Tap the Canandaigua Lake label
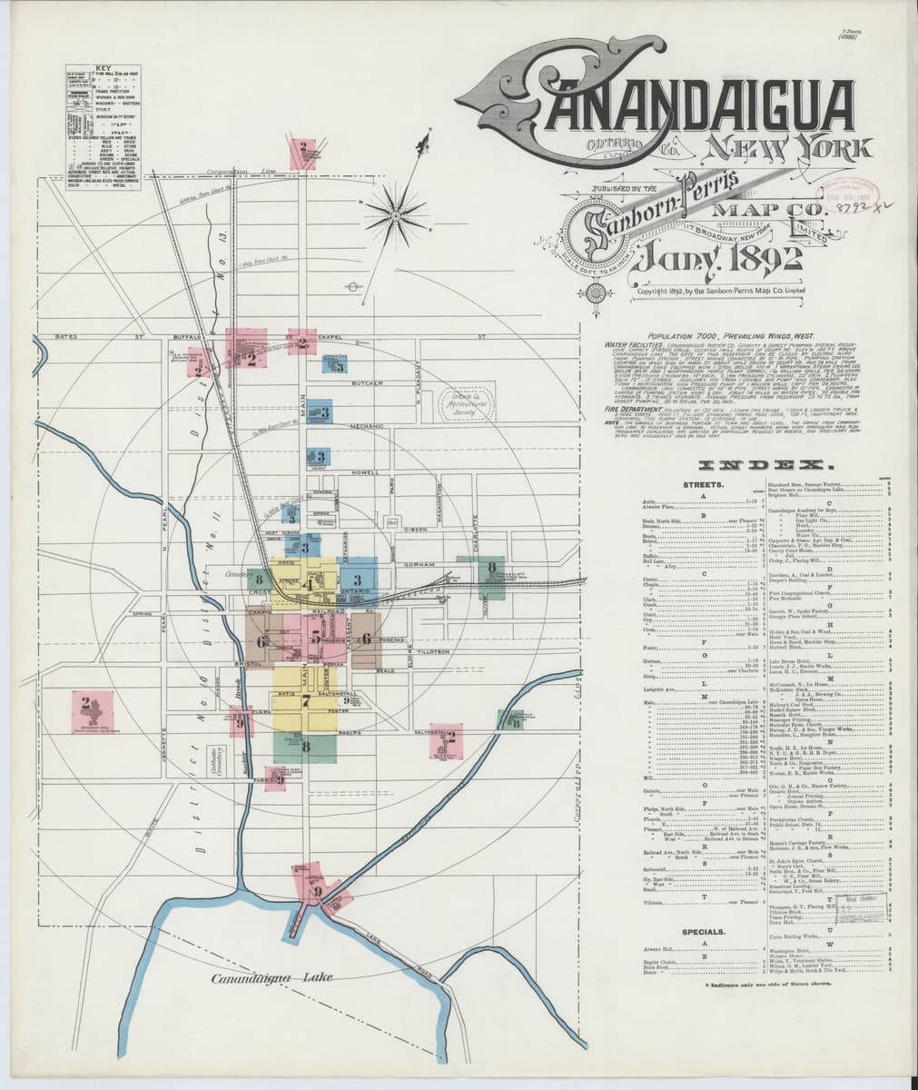[x=271, y=978]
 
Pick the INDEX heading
[x=744, y=464]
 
